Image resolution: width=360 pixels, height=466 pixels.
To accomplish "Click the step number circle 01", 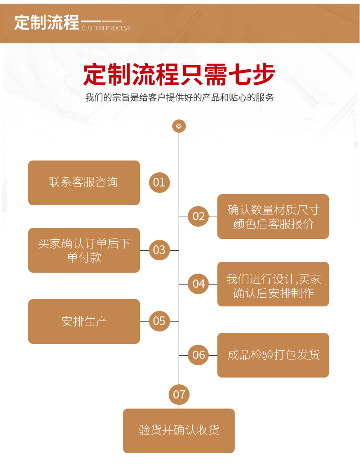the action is coord(159,183).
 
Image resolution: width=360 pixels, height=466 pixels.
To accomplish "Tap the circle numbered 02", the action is coord(199,217).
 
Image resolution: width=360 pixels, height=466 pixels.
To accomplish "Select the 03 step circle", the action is coord(159,250).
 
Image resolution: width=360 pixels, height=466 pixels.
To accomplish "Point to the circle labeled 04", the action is coord(199,284).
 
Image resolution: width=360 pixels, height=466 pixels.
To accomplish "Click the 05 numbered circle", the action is coord(159,321).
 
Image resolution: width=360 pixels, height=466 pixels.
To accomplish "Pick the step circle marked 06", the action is coord(199,355).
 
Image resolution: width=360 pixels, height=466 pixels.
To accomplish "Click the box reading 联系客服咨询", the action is coord(84,183).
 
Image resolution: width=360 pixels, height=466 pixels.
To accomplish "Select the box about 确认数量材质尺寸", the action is coord(273,217).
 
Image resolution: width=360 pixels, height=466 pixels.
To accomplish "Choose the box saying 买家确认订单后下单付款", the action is coord(84,250).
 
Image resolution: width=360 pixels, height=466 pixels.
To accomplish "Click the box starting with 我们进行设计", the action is coord(273,284).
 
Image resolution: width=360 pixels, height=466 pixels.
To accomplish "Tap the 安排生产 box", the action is coord(84,321).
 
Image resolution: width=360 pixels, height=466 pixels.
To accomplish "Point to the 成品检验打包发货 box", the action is coord(273,355).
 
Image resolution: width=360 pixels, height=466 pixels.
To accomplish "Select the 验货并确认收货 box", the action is coord(179,430).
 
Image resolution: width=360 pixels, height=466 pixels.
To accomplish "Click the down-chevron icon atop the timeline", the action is coord(179,126).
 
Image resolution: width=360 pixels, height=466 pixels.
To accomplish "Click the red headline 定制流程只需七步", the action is coord(179,75).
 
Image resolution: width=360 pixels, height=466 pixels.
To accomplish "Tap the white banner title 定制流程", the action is coord(46,22).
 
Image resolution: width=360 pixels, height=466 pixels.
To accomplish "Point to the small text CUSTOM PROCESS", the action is coord(106,28).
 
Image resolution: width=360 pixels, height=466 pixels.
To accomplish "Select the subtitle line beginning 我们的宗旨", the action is coord(179,98).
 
